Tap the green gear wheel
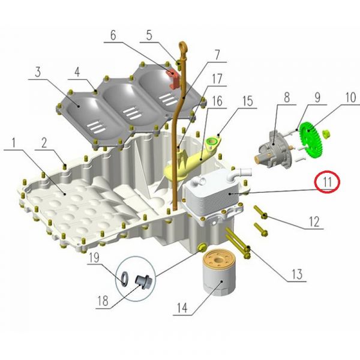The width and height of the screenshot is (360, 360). (310, 140)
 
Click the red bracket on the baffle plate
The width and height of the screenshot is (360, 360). (172, 78)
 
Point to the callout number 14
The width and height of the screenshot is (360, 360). (182, 307)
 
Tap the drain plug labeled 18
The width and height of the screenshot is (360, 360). (143, 282)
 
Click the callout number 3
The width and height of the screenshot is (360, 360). (38, 71)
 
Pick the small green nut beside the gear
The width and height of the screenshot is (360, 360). (326, 134)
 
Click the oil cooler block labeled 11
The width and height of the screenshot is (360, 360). (213, 191)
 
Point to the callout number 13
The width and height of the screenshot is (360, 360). (298, 274)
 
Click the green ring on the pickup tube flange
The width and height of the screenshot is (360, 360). (211, 141)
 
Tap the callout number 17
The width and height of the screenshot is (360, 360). (217, 79)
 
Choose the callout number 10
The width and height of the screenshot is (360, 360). (351, 97)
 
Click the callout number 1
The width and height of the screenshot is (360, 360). (14, 143)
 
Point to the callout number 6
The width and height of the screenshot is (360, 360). (113, 35)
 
